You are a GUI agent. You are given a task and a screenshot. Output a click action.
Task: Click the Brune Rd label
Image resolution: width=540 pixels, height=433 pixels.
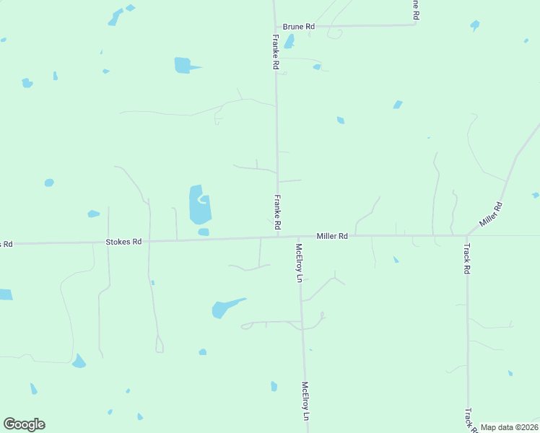(298, 27)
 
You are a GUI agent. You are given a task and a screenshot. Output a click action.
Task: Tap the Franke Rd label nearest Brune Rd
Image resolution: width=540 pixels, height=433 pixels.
(276, 52)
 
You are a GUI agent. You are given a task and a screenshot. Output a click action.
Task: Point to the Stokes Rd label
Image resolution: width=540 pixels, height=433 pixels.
(124, 242)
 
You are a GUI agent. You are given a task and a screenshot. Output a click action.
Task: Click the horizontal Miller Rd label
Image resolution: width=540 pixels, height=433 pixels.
(332, 236)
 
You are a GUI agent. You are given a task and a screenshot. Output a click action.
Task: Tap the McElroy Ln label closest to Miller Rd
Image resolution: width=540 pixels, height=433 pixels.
(299, 263)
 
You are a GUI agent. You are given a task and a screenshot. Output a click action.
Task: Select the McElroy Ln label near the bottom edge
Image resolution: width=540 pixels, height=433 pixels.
(305, 401)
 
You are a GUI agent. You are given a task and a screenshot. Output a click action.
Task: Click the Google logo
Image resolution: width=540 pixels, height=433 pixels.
(24, 424)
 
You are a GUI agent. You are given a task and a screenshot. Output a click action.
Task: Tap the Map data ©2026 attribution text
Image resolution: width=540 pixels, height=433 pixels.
(510, 427)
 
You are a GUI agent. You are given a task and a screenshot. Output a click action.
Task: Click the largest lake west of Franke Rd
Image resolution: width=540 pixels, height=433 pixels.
(197, 204)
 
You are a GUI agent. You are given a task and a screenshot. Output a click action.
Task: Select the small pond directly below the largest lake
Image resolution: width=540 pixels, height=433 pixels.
(204, 232)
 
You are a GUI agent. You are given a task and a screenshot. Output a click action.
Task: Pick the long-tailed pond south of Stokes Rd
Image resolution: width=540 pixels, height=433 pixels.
(224, 308)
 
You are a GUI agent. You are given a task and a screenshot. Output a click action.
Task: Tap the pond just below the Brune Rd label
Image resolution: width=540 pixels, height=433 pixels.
(289, 42)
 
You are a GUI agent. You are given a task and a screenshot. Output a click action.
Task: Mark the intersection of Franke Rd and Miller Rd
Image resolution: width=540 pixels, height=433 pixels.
(278, 236)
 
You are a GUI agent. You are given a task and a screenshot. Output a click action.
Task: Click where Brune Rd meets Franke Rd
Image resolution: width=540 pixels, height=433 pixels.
(274, 27)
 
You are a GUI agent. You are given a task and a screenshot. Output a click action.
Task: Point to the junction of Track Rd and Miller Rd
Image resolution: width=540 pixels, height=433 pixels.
(466, 235)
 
